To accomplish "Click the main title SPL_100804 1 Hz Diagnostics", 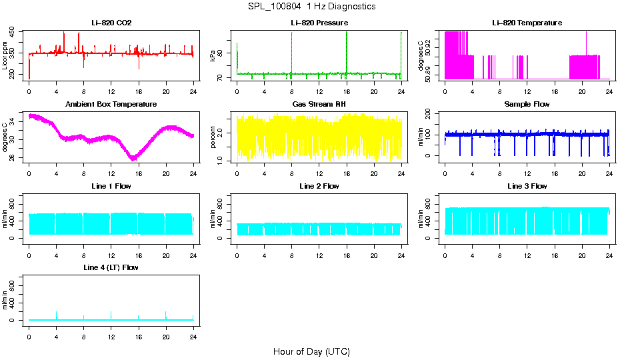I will [x=311, y=7].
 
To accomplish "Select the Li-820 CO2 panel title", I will [x=111, y=23].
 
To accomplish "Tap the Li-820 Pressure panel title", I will [x=319, y=23].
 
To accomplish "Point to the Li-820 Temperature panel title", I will [x=527, y=23].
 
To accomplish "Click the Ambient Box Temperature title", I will [x=111, y=104].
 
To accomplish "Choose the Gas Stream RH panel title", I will [x=319, y=104].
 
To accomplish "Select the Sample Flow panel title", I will [x=527, y=104].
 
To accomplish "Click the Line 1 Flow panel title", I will [x=111, y=186].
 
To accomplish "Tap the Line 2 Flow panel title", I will [x=319, y=186].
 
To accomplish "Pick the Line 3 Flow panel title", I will [x=527, y=186].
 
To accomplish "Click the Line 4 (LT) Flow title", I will [x=111, y=267].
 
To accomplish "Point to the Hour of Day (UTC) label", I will [x=311, y=351].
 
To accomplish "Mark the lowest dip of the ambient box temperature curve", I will [x=133, y=159].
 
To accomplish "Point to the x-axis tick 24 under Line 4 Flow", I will [x=193, y=331].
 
